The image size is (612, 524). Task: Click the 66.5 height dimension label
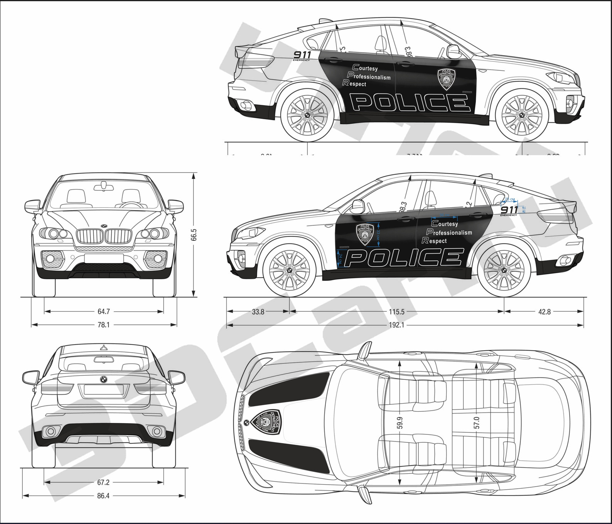click(x=194, y=235)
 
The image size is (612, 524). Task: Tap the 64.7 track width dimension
click(x=104, y=311)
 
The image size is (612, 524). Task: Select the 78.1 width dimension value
click(x=103, y=325)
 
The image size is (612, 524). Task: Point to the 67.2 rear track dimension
click(x=103, y=482)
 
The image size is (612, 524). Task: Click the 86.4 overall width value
click(x=103, y=496)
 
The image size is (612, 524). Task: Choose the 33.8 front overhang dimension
click(x=258, y=312)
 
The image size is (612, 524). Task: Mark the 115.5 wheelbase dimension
click(x=396, y=312)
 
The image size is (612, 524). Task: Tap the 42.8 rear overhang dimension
click(x=544, y=312)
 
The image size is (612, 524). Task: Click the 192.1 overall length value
click(x=396, y=325)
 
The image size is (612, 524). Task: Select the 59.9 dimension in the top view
click(x=400, y=423)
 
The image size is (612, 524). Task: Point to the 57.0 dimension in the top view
click(x=477, y=423)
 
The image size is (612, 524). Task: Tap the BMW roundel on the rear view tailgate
click(x=104, y=379)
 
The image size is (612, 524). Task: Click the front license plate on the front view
click(x=104, y=259)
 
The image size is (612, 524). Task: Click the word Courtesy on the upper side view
click(x=366, y=68)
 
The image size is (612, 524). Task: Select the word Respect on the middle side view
click(x=435, y=241)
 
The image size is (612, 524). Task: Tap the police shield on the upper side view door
click(x=446, y=79)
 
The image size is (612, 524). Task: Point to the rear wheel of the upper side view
click(x=307, y=115)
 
